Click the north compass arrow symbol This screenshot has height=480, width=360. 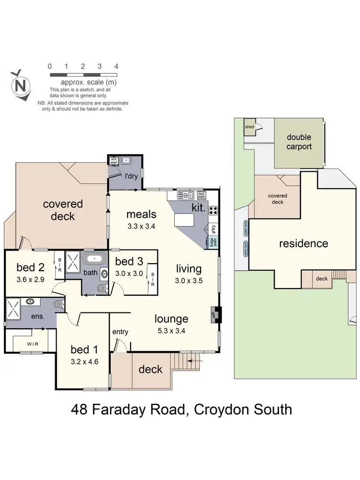point(21,85)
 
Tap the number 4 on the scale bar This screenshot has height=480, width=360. point(116,66)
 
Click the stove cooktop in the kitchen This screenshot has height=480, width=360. point(214,210)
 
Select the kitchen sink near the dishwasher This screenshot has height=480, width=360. point(184,195)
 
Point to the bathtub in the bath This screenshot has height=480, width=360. point(95,259)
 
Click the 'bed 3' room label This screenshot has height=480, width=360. point(129,262)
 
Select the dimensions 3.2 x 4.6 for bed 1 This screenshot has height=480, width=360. point(84,362)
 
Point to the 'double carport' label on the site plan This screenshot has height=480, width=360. point(299,142)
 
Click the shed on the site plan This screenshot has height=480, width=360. point(250,127)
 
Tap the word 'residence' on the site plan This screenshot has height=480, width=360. point(303,243)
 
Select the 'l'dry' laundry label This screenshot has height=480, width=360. point(132,176)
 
